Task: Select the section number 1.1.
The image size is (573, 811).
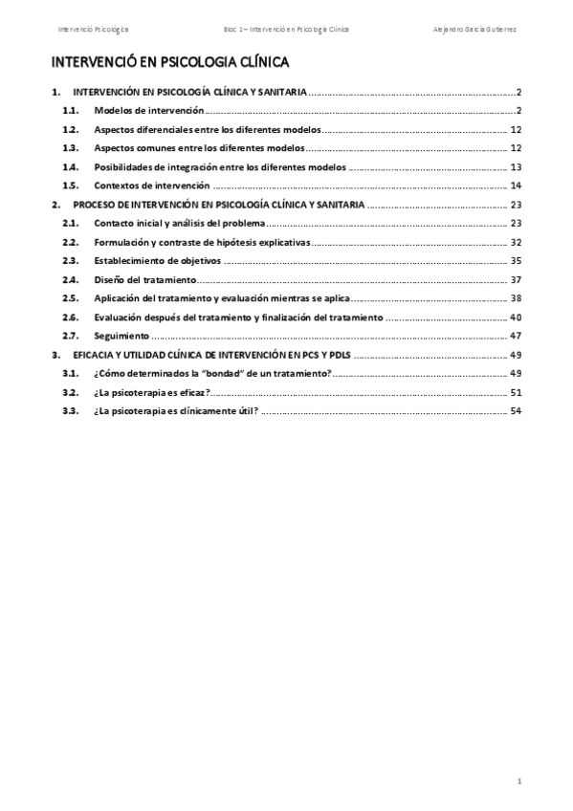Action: pyautogui.click(x=69, y=111)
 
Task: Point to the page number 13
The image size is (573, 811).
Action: pyautogui.click(x=515, y=166)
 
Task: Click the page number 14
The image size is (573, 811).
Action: pyautogui.click(x=515, y=186)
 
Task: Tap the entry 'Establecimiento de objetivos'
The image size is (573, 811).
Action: pyautogui.click(x=158, y=260)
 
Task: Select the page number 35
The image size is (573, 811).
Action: pyautogui.click(x=515, y=260)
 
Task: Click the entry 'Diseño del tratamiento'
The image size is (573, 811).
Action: pyautogui.click(x=145, y=279)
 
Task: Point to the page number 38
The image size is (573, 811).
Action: pyautogui.click(x=515, y=298)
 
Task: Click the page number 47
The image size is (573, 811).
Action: pyautogui.click(x=515, y=336)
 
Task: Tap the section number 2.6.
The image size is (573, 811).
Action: pyautogui.click(x=69, y=317)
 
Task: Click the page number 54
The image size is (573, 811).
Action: pyautogui.click(x=515, y=411)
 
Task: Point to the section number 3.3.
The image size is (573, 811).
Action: pyautogui.click(x=69, y=411)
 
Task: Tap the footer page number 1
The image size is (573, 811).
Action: pyautogui.click(x=518, y=781)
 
